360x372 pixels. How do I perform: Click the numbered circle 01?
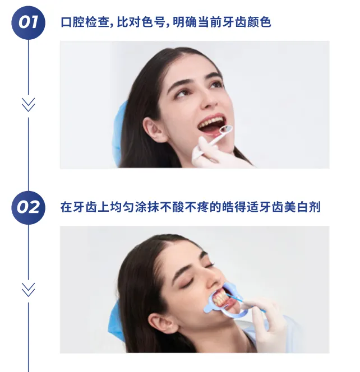[28, 22]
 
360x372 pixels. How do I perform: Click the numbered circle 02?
[28, 208]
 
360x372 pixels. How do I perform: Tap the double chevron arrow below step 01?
[28, 105]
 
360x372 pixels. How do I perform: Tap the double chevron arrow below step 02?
[28, 290]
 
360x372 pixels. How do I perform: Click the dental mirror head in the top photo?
[225, 129]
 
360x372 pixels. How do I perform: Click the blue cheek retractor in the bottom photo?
[225, 300]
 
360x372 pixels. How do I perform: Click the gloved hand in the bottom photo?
[266, 323]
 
